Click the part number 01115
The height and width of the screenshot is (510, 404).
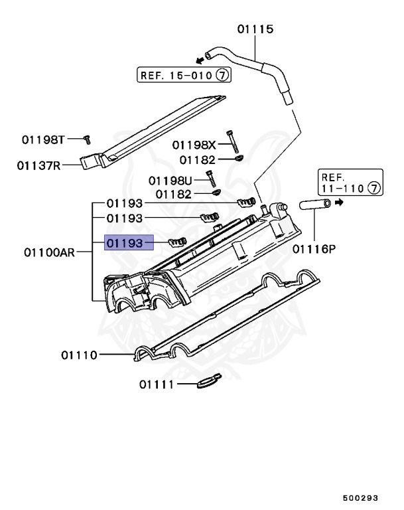255,29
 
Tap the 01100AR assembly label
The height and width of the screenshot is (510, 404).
48,252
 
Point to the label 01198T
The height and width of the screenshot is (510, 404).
43,139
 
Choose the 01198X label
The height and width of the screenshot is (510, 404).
194,145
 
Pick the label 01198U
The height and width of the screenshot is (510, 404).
170,180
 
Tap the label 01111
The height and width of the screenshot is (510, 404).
157,384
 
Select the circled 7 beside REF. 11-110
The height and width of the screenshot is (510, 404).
375,189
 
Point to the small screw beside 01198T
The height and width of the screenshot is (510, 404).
86,139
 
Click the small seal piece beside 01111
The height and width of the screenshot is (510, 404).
208,381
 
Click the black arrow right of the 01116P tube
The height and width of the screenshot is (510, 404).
339,203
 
